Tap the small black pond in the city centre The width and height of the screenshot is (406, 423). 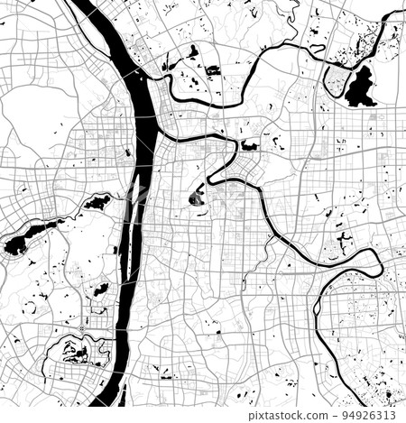click(197, 198)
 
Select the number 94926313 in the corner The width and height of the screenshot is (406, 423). click(378, 414)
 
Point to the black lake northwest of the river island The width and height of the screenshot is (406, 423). click(97, 202)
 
